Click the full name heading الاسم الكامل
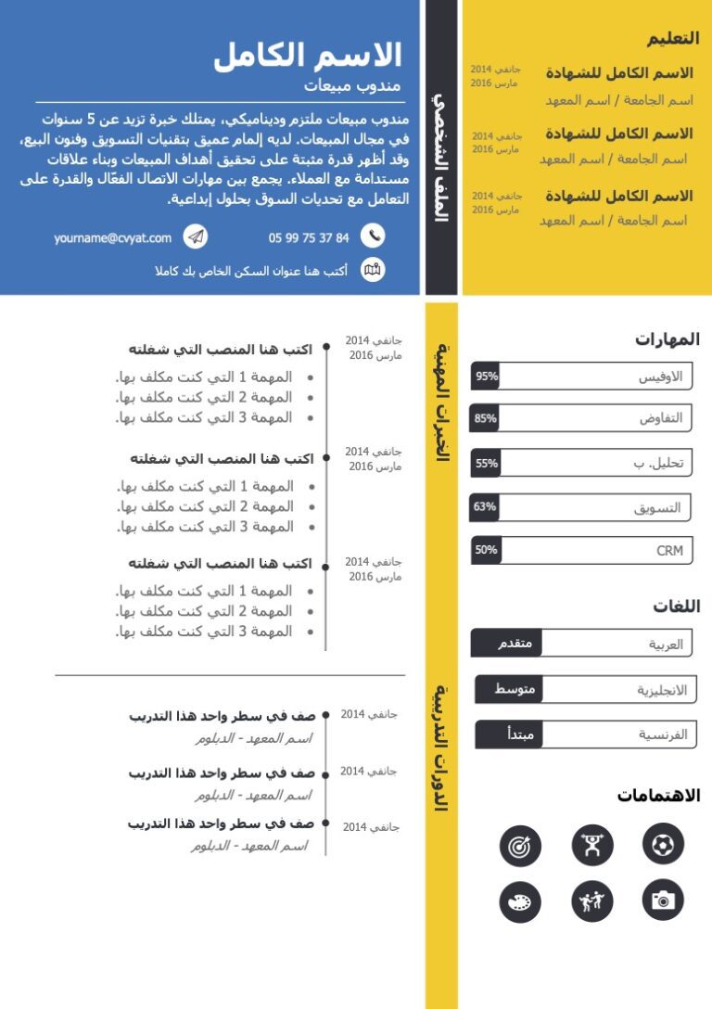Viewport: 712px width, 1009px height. point(308,56)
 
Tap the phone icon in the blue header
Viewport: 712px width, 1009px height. point(373,236)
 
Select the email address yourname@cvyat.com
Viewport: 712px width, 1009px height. point(112,238)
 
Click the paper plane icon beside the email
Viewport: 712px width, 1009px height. point(195,237)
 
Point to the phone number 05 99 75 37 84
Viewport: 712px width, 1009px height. point(309,238)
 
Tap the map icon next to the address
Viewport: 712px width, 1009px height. point(373,270)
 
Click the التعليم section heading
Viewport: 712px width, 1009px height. point(673,38)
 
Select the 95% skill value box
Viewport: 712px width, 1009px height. point(486,377)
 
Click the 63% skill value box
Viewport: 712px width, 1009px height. point(485,506)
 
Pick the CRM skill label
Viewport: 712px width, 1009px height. point(669,551)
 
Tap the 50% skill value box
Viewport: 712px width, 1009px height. point(486,550)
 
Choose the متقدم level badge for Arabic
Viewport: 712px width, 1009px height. point(507,644)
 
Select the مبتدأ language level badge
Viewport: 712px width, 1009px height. point(508,734)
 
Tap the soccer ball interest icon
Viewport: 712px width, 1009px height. point(663,844)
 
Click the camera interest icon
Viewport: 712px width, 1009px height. point(663,900)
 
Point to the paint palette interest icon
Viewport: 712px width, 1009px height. point(520,901)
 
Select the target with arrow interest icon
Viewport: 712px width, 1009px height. point(520,846)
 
